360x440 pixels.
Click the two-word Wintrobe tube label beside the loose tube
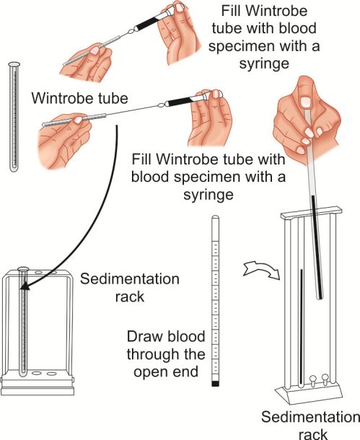(79, 98)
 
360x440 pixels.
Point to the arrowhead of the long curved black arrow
(25, 286)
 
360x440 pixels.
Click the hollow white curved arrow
(261, 270)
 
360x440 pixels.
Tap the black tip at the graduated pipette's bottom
(215, 384)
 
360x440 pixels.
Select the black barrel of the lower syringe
(180, 101)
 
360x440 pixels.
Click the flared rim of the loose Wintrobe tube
(14, 64)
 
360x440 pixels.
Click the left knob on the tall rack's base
(312, 380)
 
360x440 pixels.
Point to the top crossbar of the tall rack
(311, 213)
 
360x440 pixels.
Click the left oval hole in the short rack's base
(37, 374)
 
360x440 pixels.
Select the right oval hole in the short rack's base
(52, 374)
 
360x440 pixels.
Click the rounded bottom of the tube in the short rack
(22, 373)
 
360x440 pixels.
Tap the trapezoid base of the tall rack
(309, 394)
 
